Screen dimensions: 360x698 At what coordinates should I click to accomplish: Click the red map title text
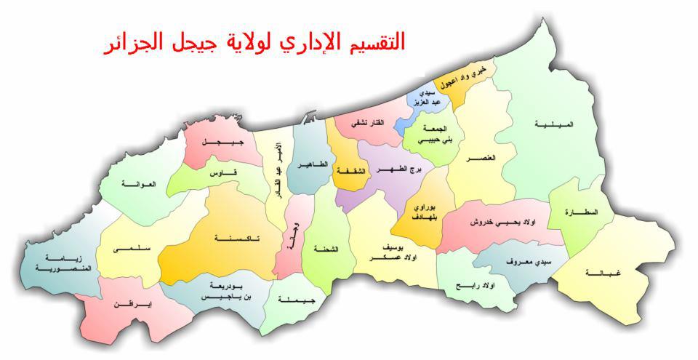pyautogui.click(x=254, y=42)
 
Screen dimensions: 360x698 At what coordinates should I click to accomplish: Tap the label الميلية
pyautogui.click(x=554, y=124)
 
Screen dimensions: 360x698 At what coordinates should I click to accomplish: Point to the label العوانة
pyautogui.click(x=139, y=184)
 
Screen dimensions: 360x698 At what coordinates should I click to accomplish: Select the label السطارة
pyautogui.click(x=582, y=212)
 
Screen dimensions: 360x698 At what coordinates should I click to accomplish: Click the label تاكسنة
pyautogui.click(x=233, y=239)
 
